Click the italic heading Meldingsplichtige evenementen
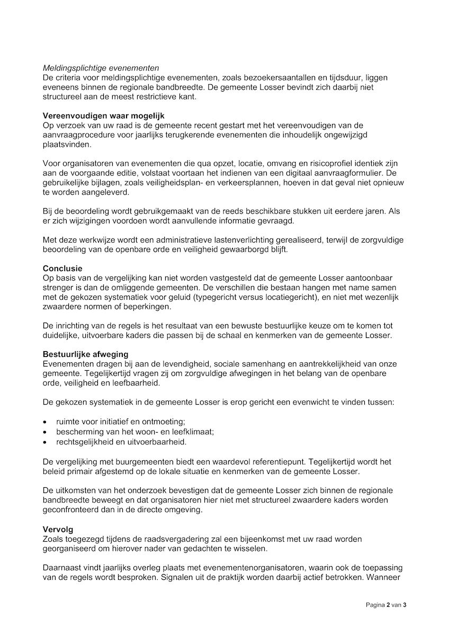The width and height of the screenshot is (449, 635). (x=101, y=68)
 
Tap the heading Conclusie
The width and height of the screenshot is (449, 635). (x=62, y=269)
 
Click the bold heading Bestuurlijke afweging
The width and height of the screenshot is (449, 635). (x=85, y=354)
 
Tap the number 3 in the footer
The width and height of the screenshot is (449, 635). (x=405, y=605)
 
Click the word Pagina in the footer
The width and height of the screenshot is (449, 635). (x=375, y=605)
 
